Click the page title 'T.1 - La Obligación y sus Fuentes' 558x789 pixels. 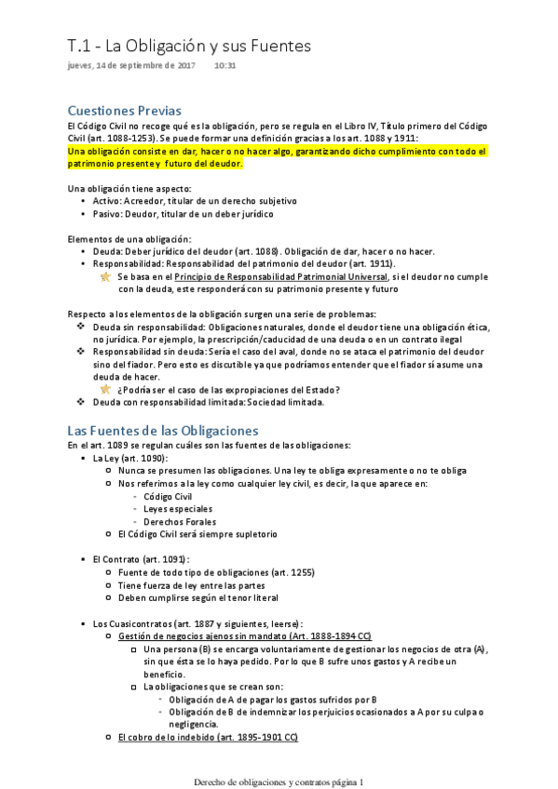point(189,46)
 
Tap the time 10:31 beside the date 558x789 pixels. point(225,65)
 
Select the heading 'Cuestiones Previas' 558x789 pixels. point(125,111)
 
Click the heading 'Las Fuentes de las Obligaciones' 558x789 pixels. point(162,430)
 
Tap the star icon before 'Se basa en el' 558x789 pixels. point(105,277)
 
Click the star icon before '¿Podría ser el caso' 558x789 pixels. point(105,389)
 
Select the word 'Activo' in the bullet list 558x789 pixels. point(107,200)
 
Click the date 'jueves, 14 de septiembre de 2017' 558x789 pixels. point(131,65)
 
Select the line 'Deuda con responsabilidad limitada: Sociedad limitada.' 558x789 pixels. point(207,402)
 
